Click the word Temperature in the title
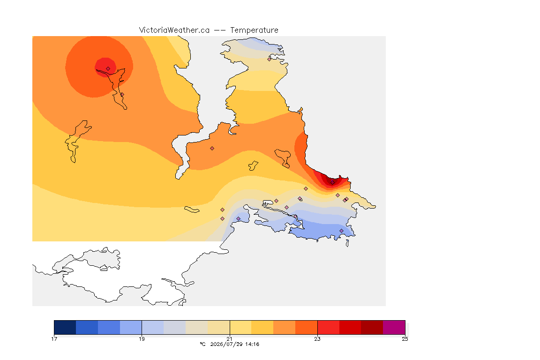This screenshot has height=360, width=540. coord(254,30)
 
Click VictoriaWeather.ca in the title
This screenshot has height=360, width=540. coord(174,30)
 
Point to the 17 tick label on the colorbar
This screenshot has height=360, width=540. coord(54,339)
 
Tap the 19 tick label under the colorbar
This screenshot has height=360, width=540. coord(142,339)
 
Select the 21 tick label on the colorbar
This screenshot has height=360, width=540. coord(230,339)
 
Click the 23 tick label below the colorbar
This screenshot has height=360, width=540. coord(317,339)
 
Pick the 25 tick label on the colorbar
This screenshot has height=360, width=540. coord(405,339)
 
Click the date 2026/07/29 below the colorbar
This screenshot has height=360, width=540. coord(225,344)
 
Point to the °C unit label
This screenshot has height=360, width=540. coord(203,344)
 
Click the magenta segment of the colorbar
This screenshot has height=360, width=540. coord(394,327)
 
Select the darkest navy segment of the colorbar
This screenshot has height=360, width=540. coord(65,327)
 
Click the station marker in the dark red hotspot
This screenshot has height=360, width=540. coord(332,183)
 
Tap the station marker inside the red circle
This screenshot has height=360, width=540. coord(108,69)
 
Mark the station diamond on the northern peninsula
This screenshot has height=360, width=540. coord(270,59)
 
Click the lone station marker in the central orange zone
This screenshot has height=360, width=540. coord(212,149)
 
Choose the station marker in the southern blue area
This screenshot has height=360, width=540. coord(341,231)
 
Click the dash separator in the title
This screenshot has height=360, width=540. coord(220,30)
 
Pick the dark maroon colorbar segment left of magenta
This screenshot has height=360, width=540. coord(372,327)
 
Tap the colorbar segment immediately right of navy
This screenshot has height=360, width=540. coord(87,327)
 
